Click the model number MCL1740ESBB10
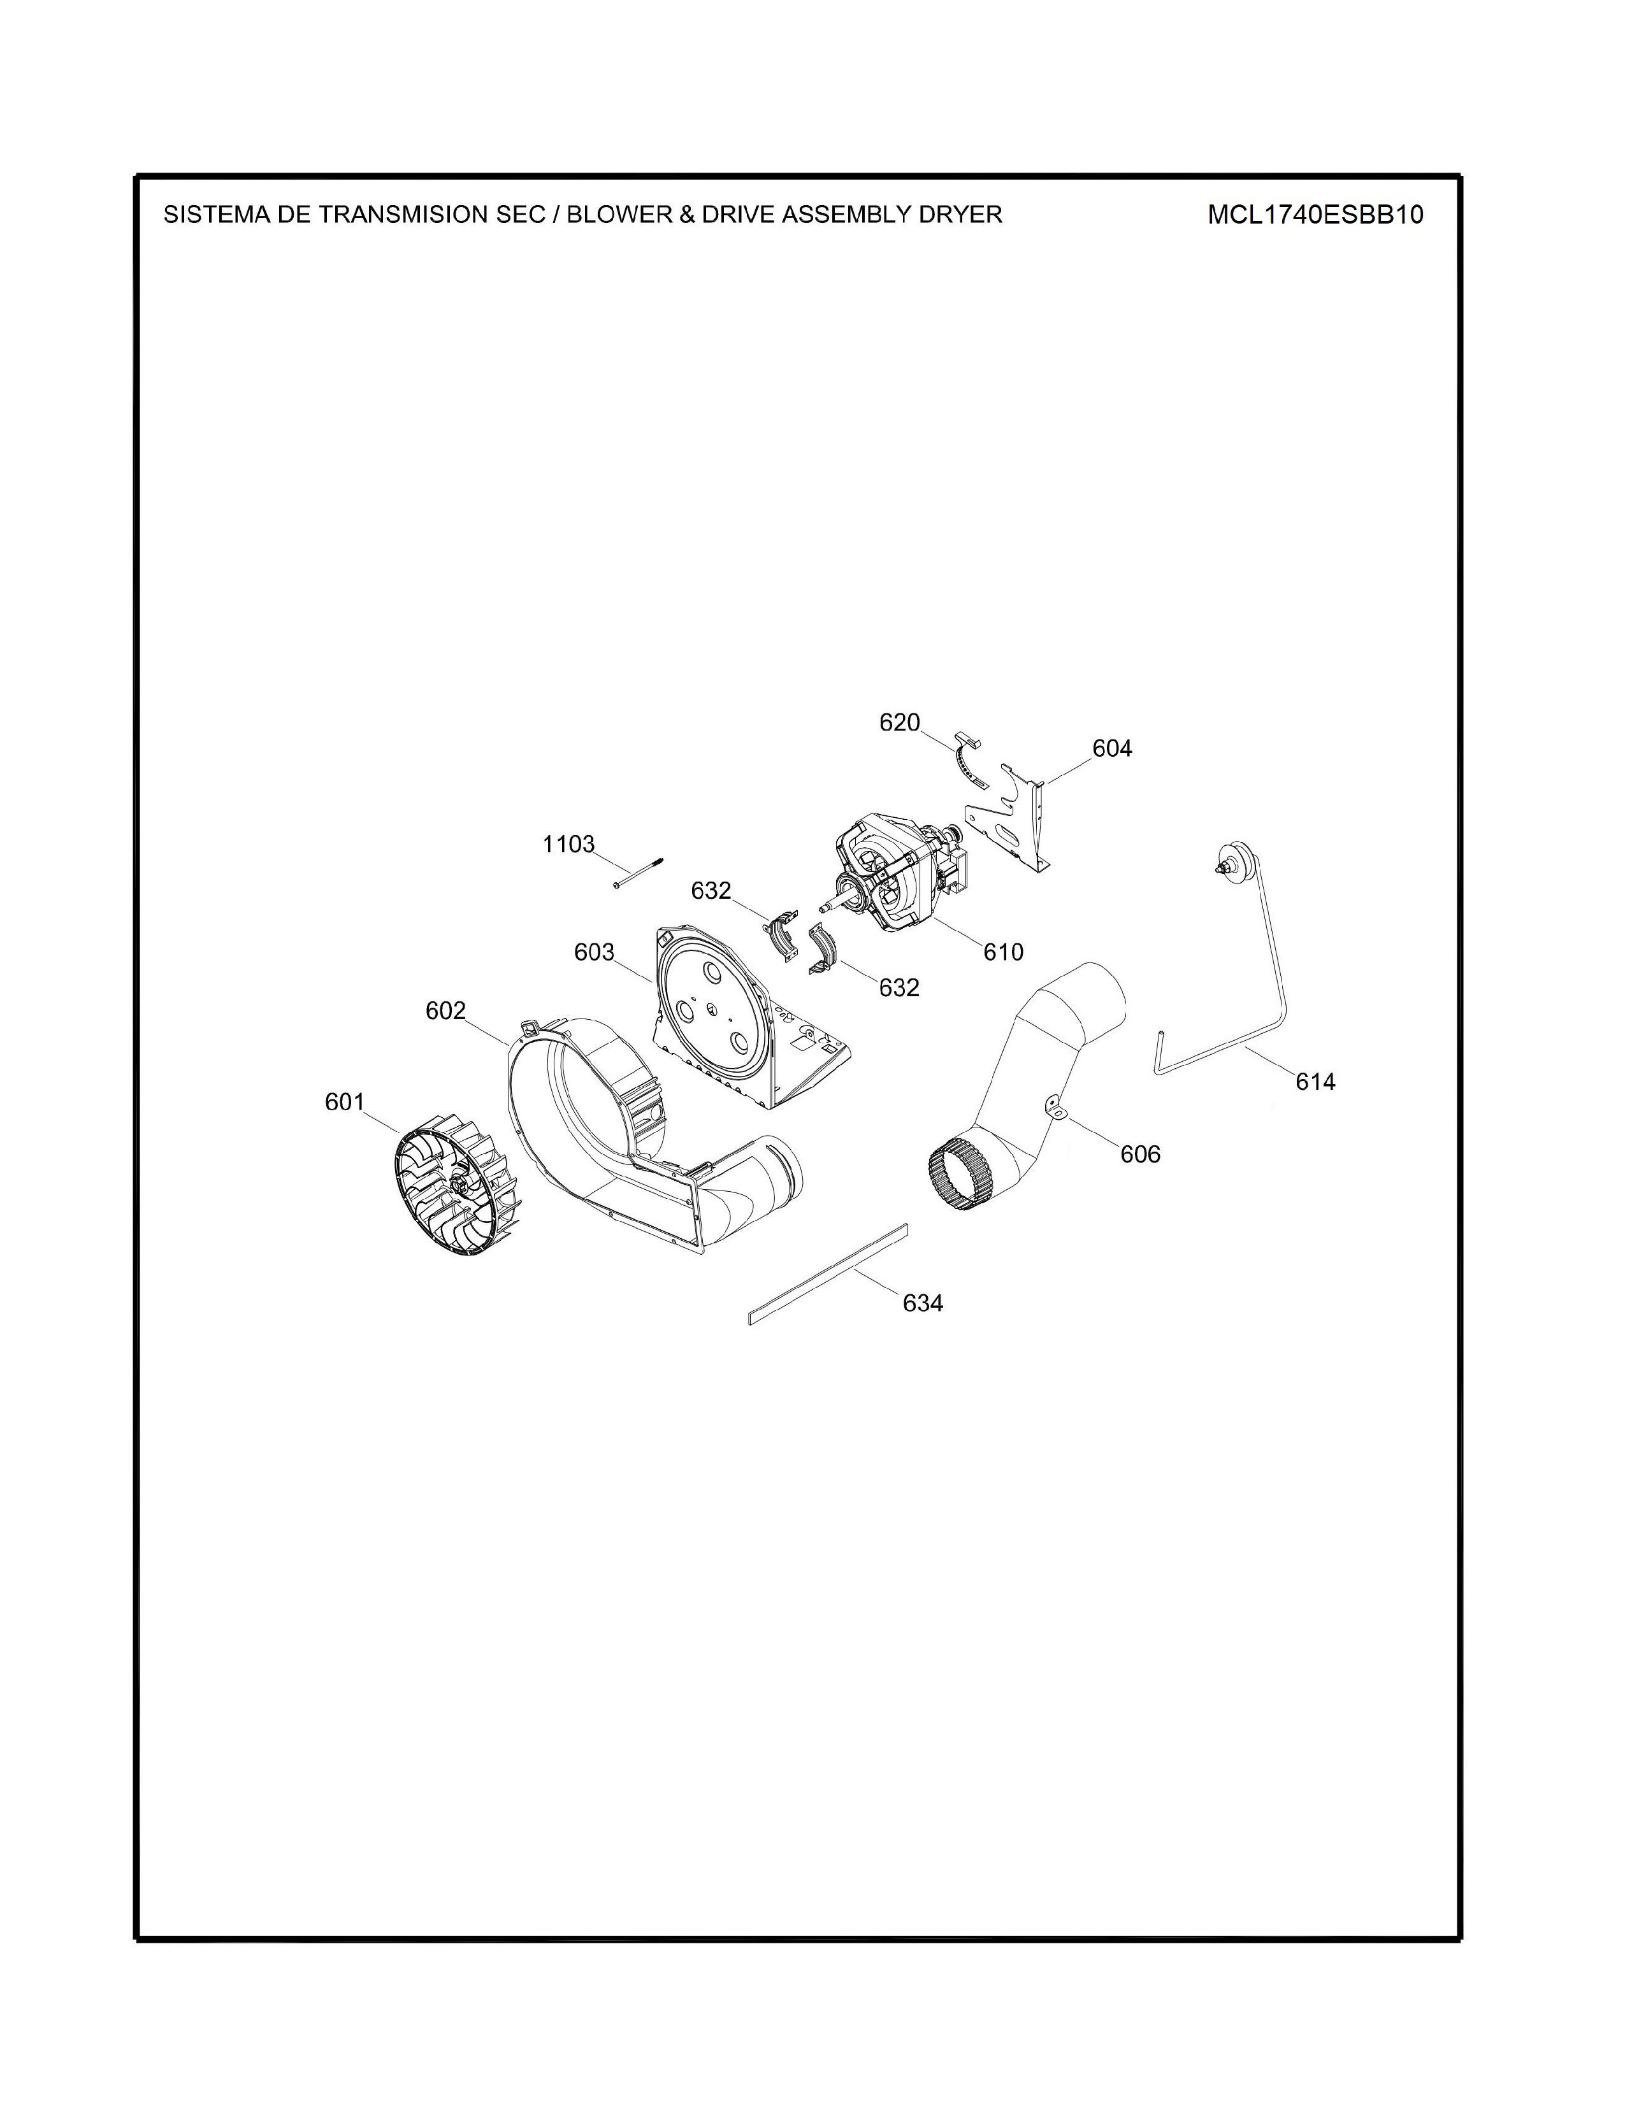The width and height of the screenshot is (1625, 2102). click(1315, 215)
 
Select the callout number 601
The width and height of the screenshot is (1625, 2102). click(345, 1102)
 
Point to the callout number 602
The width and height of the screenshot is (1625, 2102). click(445, 1011)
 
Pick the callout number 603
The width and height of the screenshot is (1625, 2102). click(594, 952)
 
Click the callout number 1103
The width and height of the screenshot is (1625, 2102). click(569, 844)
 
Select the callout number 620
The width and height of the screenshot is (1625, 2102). click(900, 722)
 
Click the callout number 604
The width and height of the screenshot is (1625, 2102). click(1112, 748)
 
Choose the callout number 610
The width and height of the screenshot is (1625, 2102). click(1003, 952)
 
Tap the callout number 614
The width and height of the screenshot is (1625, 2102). click(1315, 1082)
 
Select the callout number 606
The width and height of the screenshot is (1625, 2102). click(1141, 1154)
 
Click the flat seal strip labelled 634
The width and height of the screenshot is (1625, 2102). click(828, 1275)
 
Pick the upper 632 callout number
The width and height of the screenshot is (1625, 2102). click(711, 891)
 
